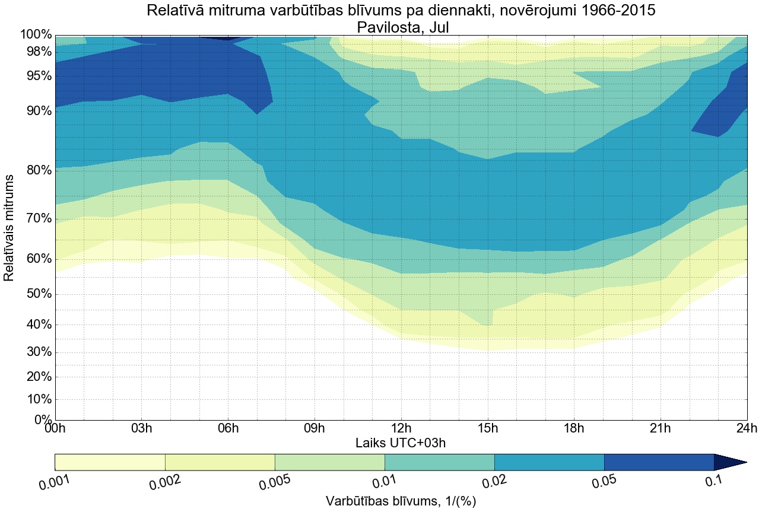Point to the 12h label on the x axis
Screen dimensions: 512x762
(x=401, y=429)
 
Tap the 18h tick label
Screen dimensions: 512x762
(x=574, y=429)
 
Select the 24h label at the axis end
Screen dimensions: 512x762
(x=746, y=429)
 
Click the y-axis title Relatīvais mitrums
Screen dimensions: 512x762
(x=9, y=228)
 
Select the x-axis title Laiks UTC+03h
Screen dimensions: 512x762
(x=401, y=443)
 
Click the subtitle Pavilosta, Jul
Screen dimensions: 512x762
(x=401, y=27)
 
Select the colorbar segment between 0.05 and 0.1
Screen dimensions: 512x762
(x=659, y=462)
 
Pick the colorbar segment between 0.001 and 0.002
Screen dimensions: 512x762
(x=110, y=462)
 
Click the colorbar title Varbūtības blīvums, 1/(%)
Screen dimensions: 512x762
(x=401, y=501)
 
